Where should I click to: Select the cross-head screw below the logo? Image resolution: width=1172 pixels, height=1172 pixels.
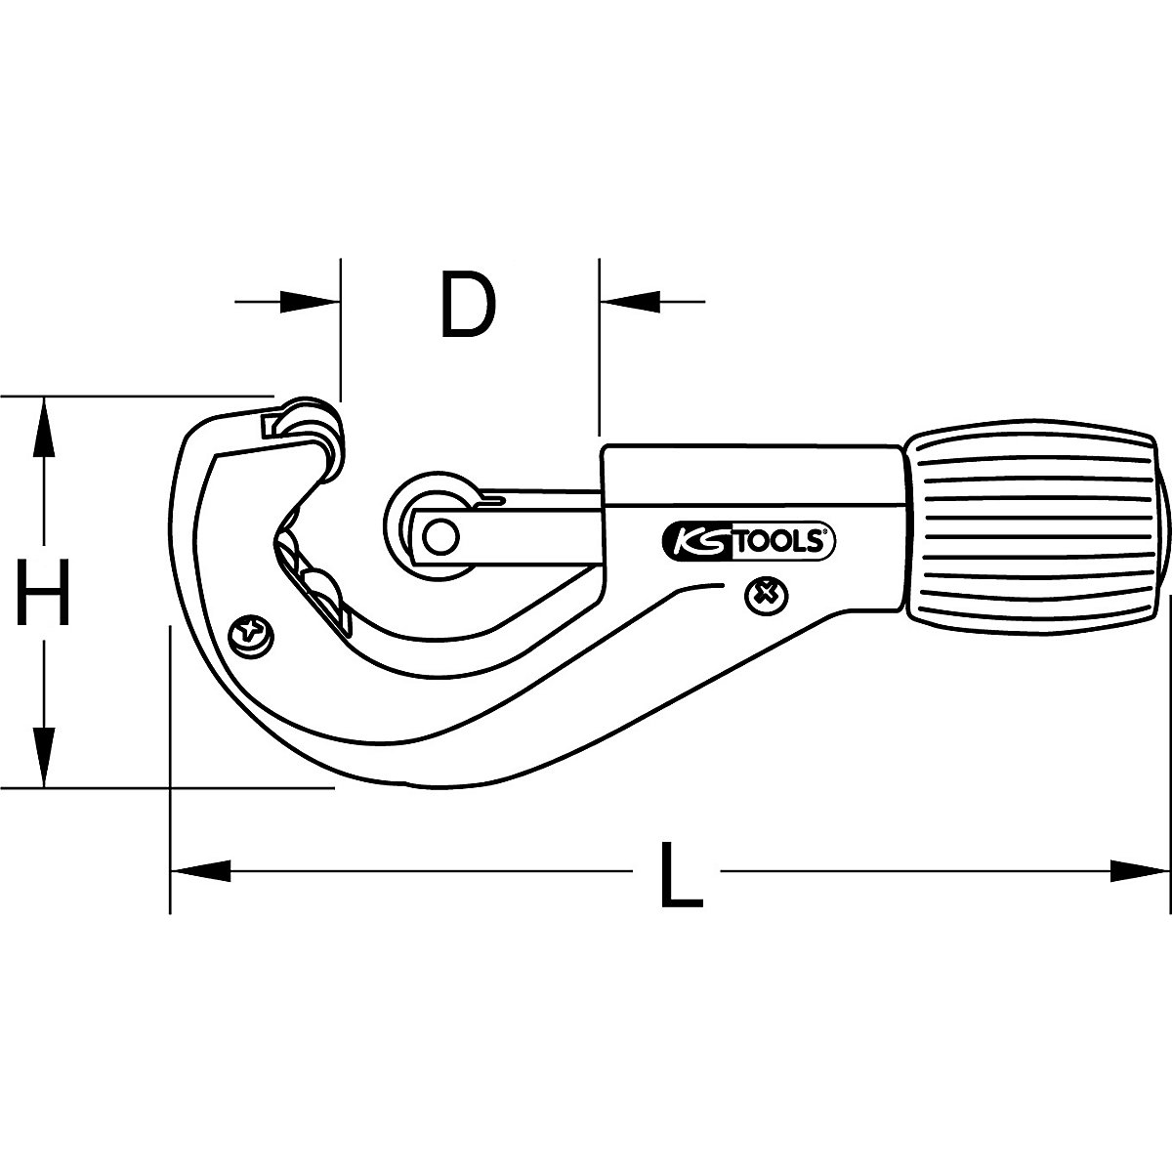765,595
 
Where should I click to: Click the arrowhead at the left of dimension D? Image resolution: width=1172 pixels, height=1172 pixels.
311,303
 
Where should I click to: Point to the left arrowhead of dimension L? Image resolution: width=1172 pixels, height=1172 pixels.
200,869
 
